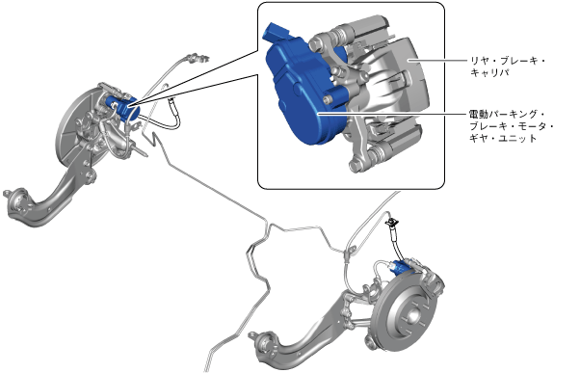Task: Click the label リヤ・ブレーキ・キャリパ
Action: (x=507, y=67)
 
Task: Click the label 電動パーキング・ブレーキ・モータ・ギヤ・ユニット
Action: (x=512, y=126)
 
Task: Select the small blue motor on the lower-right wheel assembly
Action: (x=400, y=268)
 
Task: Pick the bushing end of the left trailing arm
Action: (x=16, y=201)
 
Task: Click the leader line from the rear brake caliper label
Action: (x=437, y=60)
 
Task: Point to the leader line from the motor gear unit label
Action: (x=392, y=115)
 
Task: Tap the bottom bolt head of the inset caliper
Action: (x=356, y=165)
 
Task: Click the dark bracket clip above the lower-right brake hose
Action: (x=391, y=223)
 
